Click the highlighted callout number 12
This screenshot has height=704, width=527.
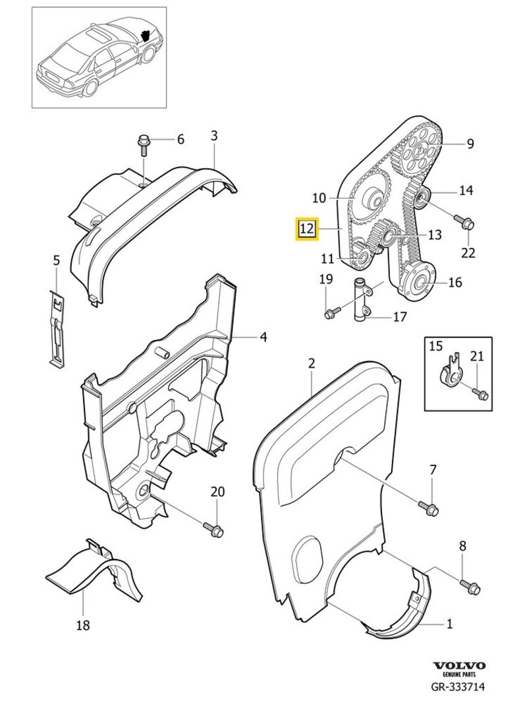pyautogui.click(x=306, y=229)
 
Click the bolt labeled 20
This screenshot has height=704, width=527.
pyautogui.click(x=214, y=528)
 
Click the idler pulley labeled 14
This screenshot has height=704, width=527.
pyautogui.click(x=420, y=196)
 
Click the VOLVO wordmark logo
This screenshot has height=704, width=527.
pyautogui.click(x=458, y=666)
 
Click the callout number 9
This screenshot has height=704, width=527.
pyautogui.click(x=470, y=143)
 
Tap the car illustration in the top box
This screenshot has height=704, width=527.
pyautogui.click(x=99, y=59)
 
